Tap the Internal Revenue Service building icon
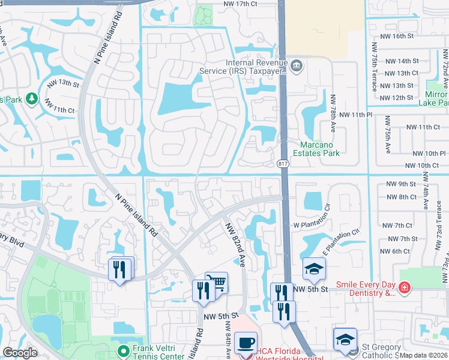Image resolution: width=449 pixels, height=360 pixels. coord(296,64)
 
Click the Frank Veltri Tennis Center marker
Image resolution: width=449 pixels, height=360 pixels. coord(124,350)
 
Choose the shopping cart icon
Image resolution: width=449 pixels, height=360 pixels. coord(217,282)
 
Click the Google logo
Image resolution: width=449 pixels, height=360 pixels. coord(20,352)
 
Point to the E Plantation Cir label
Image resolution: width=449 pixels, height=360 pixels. coord(341,241)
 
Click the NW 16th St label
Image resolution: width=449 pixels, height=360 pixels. coord(400,36)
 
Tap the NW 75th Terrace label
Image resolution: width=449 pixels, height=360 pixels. coord(374,65)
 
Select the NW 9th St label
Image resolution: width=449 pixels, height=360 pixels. coord(402,184)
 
